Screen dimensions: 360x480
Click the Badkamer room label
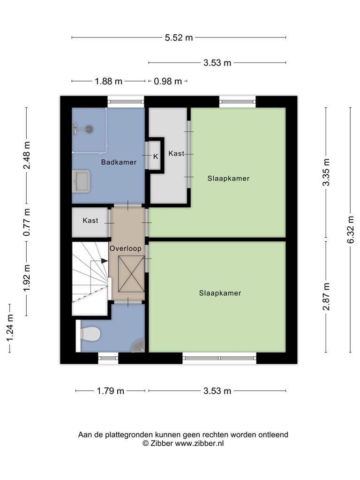[x=119, y=162]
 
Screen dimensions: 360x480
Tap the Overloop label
[x=126, y=248]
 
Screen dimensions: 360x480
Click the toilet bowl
[x=90, y=333]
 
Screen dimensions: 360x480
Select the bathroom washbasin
[x=81, y=181]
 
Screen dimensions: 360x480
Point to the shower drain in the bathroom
[x=89, y=129]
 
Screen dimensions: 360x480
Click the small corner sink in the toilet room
[x=138, y=346]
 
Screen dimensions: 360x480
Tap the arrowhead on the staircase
[x=105, y=261]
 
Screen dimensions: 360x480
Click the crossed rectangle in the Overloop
[x=131, y=274]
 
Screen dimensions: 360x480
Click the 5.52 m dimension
[x=179, y=37]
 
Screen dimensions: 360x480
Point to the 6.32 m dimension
[x=351, y=230]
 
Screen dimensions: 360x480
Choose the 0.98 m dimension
[x=168, y=82]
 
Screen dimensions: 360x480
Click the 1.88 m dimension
[x=108, y=82]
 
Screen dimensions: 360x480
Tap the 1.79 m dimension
[x=111, y=391]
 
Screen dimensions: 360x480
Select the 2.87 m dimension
[x=326, y=297]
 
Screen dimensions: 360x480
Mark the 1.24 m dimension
[x=10, y=328]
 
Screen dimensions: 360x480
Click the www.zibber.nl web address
[x=199, y=443]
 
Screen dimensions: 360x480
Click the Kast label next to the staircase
[x=90, y=220]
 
